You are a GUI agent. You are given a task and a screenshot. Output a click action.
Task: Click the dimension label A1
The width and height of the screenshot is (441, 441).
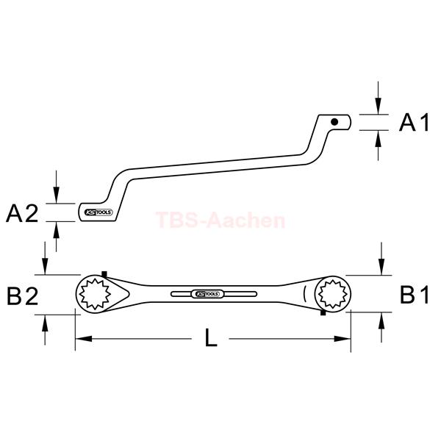(415, 122)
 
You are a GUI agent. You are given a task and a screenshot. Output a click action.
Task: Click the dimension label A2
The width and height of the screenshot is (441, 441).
(22, 213)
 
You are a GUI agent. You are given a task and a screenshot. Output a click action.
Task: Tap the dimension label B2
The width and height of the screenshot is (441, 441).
(23, 295)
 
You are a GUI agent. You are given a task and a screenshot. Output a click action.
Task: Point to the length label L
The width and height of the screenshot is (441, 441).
(211, 337)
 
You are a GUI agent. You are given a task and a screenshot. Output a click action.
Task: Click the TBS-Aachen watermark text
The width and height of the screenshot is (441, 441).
(220, 220)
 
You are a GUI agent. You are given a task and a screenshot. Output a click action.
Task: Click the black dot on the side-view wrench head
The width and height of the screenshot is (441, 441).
(334, 122)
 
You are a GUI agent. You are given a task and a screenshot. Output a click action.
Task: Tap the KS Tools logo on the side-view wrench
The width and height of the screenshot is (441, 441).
(98, 212)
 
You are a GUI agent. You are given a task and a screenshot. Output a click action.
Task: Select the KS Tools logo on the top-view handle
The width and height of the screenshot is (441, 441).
(207, 294)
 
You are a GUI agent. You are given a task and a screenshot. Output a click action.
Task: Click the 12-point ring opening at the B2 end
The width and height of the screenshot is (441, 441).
(95, 294)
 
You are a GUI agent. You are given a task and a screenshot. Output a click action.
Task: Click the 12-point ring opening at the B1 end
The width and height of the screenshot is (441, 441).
(333, 294)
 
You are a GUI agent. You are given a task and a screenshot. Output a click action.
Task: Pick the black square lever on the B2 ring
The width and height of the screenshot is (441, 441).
(104, 274)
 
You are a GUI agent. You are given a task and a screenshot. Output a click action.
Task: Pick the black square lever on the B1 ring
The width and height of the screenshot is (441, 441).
(323, 312)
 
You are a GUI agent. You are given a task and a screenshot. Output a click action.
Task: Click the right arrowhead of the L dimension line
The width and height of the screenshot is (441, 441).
(343, 339)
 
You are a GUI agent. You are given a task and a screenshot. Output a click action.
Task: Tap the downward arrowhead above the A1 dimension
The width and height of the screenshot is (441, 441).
(379, 106)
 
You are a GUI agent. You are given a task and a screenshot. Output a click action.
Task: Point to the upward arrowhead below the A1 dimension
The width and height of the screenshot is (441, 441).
(379, 139)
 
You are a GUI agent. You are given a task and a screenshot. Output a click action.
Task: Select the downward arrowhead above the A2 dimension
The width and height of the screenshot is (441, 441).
(57, 195)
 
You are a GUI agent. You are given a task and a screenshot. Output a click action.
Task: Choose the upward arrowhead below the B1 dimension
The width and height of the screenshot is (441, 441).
(381, 320)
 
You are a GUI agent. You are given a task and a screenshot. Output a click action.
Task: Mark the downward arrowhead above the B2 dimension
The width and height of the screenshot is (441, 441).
(45, 266)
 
